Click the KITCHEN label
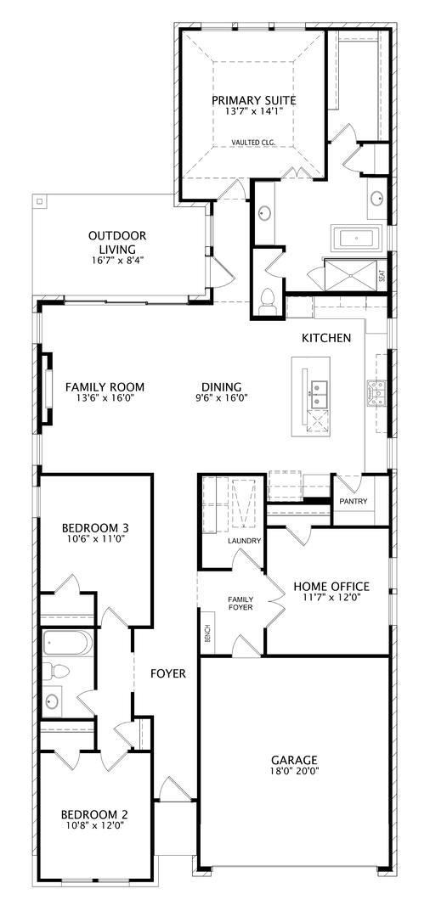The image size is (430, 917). pyautogui.click(x=326, y=338)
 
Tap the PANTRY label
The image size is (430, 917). pyautogui.click(x=353, y=501)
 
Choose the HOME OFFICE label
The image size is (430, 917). pyautogui.click(x=331, y=586)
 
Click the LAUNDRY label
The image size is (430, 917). pyautogui.click(x=243, y=540)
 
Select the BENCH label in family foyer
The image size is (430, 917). pyautogui.click(x=207, y=633)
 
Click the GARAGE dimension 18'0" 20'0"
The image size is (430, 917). pyautogui.click(x=294, y=773)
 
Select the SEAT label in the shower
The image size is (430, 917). pyautogui.click(x=382, y=276)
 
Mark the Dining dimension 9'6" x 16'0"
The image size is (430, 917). pyautogui.click(x=221, y=397)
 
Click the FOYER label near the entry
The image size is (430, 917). pyautogui.click(x=168, y=673)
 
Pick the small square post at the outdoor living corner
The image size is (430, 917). pyautogui.click(x=38, y=202)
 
